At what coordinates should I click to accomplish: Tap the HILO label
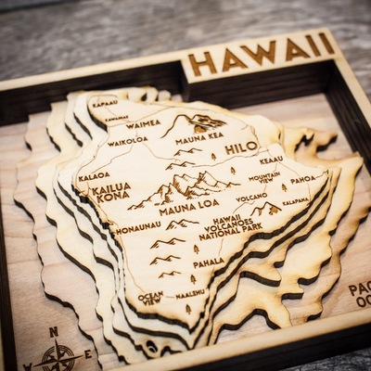point(241,147)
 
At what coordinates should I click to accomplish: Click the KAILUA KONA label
point(110,192)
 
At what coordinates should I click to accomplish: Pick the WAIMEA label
point(143,123)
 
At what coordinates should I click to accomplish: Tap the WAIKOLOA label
point(127,142)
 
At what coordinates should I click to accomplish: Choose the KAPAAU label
point(105,103)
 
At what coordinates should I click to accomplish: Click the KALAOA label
point(94,175)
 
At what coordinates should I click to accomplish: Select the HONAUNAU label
point(137,227)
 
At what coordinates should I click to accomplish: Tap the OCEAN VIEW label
point(150,298)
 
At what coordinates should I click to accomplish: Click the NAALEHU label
point(190,293)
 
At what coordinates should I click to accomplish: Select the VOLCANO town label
point(250,197)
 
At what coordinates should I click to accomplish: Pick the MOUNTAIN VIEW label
point(264,176)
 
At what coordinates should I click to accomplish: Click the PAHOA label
point(302,179)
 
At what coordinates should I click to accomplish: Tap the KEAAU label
point(271,160)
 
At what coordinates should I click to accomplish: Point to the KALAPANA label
point(295,200)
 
